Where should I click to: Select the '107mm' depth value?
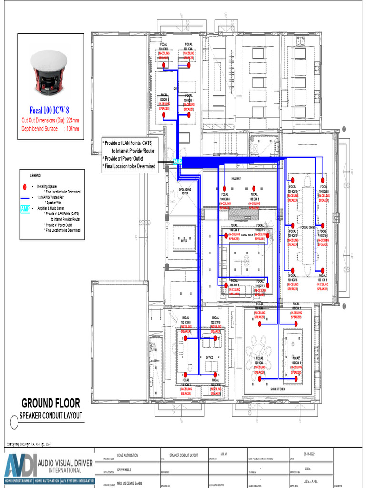coord(72,129)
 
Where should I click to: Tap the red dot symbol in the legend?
coord(24,187)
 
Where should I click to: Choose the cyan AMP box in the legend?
coord(25,209)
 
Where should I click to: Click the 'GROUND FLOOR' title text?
coord(51,403)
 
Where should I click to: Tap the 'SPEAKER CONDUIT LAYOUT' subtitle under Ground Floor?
coord(51,416)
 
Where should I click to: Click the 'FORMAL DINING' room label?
coord(307,228)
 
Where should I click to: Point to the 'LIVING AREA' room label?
coord(247,235)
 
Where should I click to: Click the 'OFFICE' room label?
coord(209,357)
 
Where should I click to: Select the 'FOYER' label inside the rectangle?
coord(184,241)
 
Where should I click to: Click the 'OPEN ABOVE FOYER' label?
coord(184,191)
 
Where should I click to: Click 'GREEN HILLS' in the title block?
coord(124,469)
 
